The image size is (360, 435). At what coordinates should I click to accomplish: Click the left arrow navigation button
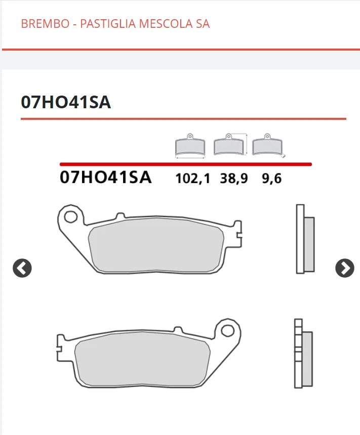click(x=22, y=268)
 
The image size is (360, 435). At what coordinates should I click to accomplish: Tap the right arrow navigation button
click(x=345, y=268)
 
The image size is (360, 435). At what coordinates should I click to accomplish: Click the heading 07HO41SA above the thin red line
click(x=66, y=102)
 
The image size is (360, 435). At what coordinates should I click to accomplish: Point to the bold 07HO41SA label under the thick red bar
click(x=105, y=178)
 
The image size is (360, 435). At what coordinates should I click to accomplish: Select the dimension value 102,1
click(x=192, y=179)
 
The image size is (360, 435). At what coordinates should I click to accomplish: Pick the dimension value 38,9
click(x=234, y=179)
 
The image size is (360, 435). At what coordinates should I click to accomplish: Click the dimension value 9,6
click(x=271, y=179)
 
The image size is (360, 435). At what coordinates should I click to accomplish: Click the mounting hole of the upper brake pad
click(x=70, y=216)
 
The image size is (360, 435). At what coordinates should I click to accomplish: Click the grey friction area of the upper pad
click(x=156, y=247)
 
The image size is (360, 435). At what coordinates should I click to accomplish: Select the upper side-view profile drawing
click(x=304, y=239)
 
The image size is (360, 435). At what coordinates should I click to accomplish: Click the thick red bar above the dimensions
click(x=185, y=164)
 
